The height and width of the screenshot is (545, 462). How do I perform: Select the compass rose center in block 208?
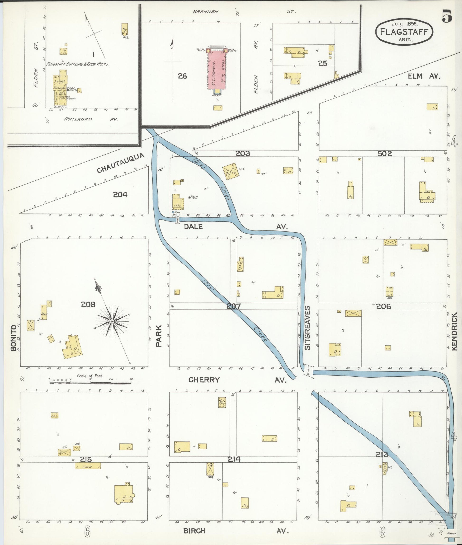pos(112,321)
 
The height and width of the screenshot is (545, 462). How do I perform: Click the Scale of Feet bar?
pos(90,383)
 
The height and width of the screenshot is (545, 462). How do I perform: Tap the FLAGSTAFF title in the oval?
pos(404,32)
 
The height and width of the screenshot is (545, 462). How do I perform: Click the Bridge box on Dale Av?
pos(178,220)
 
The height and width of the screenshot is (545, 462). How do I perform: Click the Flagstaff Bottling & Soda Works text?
pos(77,64)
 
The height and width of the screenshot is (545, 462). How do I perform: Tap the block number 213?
pos(382,454)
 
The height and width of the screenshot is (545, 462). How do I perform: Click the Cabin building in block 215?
pos(54,415)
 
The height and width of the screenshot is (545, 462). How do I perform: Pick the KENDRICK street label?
pos(454,331)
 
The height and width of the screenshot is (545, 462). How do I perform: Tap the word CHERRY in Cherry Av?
pos(204,380)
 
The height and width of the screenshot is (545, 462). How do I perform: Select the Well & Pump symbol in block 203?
pos(189,197)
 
